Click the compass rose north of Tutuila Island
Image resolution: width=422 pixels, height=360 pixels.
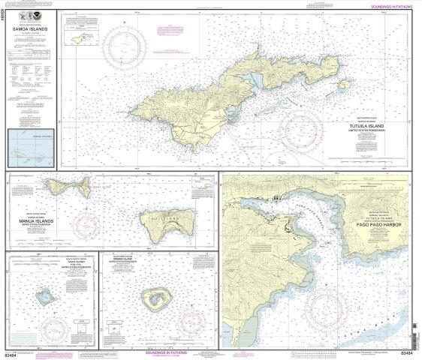tap(121, 51)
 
